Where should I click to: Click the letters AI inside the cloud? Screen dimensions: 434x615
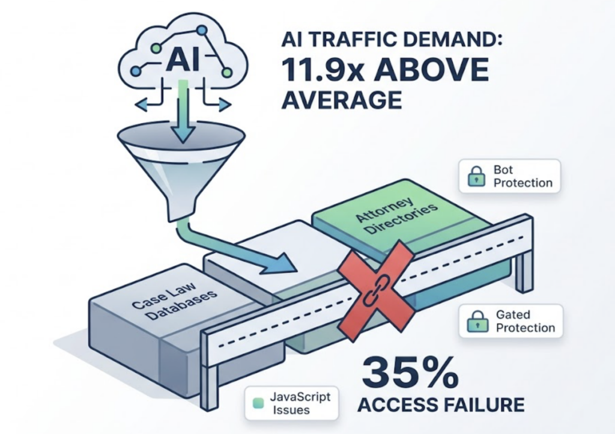click(x=182, y=60)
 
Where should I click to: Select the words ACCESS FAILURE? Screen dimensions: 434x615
click(x=441, y=403)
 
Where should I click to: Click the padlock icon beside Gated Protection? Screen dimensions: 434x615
click(x=475, y=322)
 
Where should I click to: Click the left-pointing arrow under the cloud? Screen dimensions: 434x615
click(x=142, y=106)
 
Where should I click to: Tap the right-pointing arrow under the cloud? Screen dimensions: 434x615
click(x=224, y=106)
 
